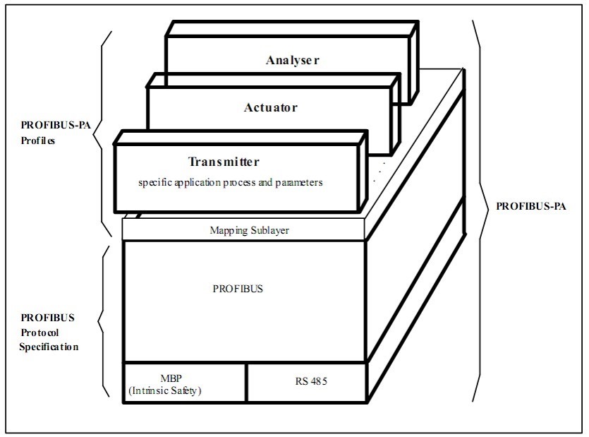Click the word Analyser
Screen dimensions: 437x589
click(293, 60)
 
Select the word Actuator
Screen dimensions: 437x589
click(270, 108)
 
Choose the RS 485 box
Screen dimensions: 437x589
click(306, 383)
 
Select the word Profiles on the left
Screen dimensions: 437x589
click(38, 140)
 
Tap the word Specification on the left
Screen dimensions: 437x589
click(49, 347)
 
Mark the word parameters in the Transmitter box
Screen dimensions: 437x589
click(309, 183)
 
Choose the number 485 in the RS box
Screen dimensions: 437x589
click(311, 383)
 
